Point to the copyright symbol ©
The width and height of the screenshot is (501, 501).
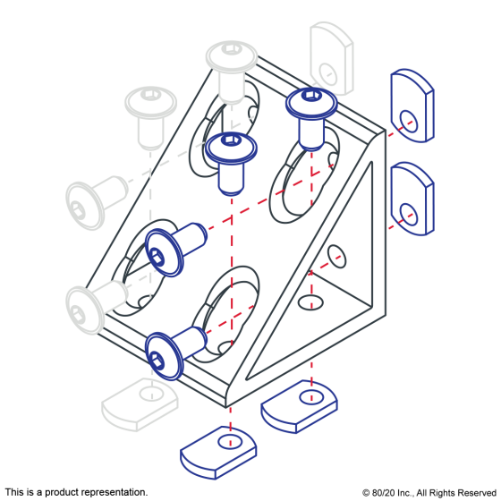click(x=366, y=493)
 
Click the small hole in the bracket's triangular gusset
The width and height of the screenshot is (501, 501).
click(x=336, y=256)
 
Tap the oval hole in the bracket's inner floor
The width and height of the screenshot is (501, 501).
click(x=310, y=302)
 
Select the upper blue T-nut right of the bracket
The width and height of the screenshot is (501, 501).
click(x=412, y=106)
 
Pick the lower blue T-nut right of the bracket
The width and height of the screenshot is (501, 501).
click(x=412, y=199)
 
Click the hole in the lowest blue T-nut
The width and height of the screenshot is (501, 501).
click(x=230, y=442)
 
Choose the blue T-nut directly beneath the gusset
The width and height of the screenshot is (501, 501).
click(x=300, y=406)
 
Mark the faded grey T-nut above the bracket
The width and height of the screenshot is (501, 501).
click(x=331, y=58)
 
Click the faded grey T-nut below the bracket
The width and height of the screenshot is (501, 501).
click(x=140, y=404)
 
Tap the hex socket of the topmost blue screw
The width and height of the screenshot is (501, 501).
click(x=311, y=95)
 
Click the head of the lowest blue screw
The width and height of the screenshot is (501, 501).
click(x=164, y=356)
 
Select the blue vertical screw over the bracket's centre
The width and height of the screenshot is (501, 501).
click(x=231, y=164)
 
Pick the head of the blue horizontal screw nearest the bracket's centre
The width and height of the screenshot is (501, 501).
click(x=164, y=252)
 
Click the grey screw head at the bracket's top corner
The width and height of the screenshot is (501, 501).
click(x=232, y=55)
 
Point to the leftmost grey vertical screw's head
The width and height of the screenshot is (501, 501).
click(x=150, y=102)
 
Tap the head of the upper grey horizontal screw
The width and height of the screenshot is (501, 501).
click(x=85, y=206)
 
